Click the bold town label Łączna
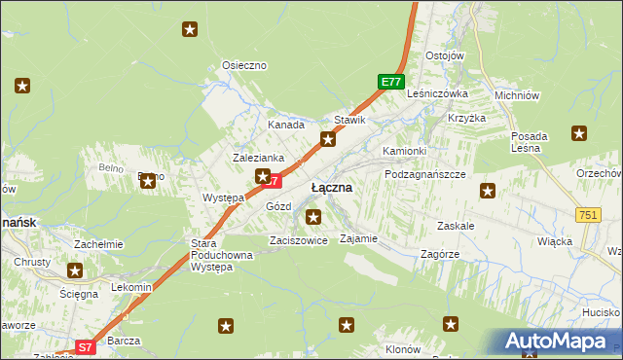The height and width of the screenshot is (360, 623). [331, 186]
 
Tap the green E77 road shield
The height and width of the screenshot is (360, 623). [390, 83]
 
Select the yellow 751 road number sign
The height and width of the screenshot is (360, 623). [587, 215]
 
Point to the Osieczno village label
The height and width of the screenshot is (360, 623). [244, 65]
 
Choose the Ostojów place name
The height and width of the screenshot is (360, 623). [444, 55]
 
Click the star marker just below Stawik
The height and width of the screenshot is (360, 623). [328, 140]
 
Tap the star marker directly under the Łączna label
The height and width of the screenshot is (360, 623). [312, 216]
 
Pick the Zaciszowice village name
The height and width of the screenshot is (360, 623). [298, 239]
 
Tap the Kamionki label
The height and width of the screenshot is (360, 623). [404, 152]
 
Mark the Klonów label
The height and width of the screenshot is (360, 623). [402, 348]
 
